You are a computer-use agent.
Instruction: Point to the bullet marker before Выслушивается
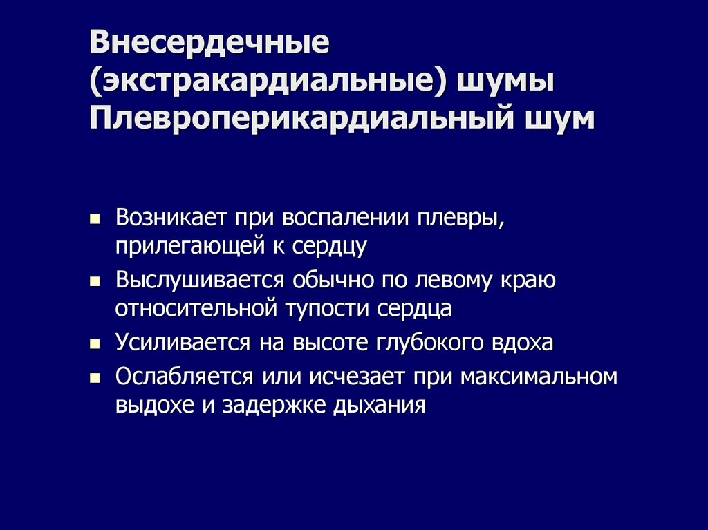96,283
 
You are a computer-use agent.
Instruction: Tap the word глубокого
426,343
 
